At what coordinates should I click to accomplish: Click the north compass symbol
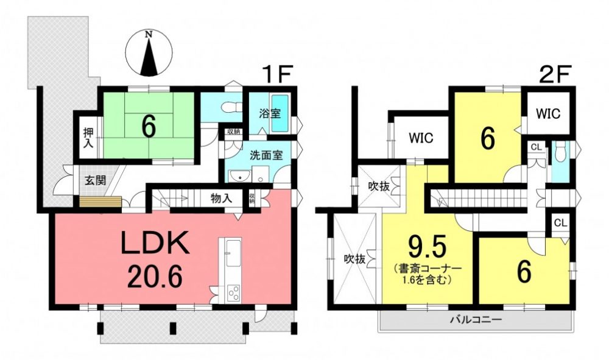pos(149,52)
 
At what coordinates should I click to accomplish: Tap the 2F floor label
pos(555,74)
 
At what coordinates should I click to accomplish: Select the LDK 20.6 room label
pos(155,259)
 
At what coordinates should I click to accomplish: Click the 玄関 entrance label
pos(96,180)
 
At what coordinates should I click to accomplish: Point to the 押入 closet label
pos(88,137)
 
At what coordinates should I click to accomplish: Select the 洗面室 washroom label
pos(266,155)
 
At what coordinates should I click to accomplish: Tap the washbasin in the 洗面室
pos(239,177)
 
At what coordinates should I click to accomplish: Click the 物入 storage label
pos(222,199)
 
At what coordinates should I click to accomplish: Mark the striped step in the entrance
pos(100,203)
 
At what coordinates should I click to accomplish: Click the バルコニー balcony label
pos(476,320)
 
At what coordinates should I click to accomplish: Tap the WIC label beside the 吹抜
pos(421,138)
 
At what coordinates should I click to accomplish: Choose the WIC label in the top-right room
pos(548,113)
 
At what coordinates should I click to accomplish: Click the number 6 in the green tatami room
pos(149,127)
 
